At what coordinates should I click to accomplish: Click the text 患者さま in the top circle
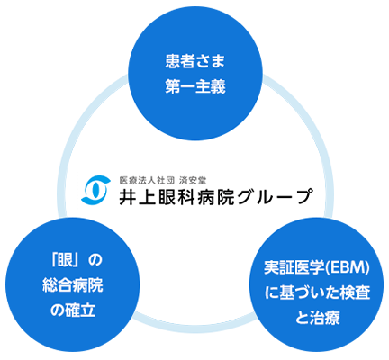click(195, 62)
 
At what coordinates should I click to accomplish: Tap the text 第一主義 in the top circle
click(195, 86)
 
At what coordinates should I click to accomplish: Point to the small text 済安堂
click(193, 180)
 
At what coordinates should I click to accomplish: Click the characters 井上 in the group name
click(138, 196)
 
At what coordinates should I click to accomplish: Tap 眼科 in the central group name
click(177, 196)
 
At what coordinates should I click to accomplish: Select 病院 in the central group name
click(216, 196)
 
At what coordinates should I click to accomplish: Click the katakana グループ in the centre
click(274, 196)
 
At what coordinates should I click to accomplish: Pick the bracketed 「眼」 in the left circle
click(67, 260)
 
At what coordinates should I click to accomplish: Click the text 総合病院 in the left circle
click(73, 285)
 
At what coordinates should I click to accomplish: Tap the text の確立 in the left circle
click(73, 310)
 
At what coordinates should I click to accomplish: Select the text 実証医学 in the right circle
click(294, 268)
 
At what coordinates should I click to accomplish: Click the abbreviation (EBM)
click(348, 268)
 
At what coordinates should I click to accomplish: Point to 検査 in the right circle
click(355, 292)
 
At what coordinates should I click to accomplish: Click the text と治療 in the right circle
click(317, 318)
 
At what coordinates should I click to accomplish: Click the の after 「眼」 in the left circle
click(95, 260)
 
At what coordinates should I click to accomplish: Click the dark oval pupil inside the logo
click(95, 190)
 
